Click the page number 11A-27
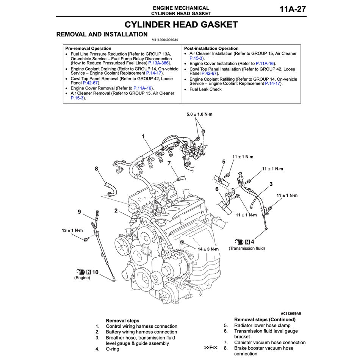293,9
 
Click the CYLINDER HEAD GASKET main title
181,25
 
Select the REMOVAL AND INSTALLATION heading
102,34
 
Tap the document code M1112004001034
165,40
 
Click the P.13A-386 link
159,63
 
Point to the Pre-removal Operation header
88,49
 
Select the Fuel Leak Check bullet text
205,89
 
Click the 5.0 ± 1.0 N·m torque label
200,114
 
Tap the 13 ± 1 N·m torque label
72,230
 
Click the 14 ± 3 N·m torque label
208,249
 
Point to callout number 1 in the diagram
143,136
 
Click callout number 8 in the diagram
96,168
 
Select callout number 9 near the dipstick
80,212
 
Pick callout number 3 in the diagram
271,184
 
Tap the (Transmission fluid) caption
247,249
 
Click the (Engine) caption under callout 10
82,278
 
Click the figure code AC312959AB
291,313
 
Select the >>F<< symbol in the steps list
210,347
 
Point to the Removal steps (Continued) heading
265,319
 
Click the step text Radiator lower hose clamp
262,326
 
